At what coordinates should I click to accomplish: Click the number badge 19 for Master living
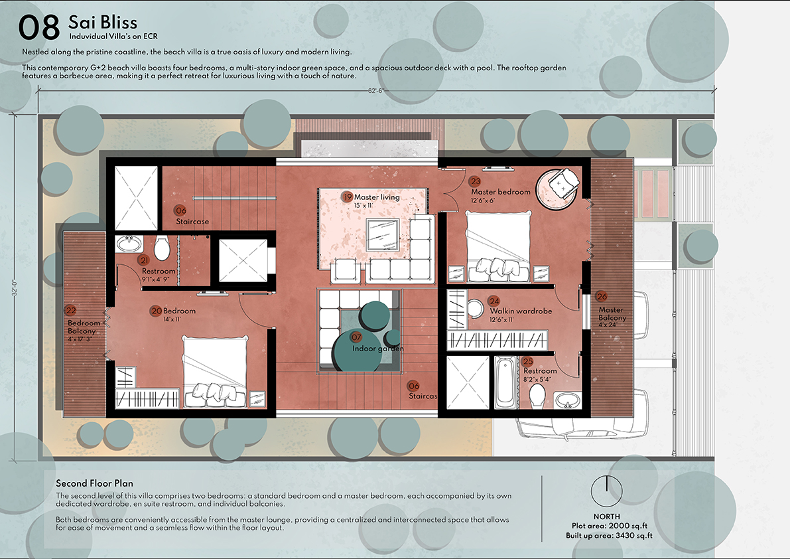347,197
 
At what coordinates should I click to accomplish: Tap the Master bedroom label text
500,192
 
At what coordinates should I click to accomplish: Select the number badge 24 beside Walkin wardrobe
494,301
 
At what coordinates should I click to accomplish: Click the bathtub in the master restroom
505,382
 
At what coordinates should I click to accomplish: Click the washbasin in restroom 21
129,244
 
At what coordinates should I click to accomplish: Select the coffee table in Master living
383,235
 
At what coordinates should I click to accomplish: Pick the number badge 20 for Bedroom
156,311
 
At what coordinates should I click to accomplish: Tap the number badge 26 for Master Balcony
602,296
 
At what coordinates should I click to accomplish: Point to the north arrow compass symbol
607,491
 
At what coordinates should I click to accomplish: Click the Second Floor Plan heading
94,483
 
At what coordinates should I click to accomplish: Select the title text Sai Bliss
103,22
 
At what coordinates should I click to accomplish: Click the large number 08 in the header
38,27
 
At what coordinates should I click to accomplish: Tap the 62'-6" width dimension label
376,91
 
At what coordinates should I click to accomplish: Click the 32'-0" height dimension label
15,288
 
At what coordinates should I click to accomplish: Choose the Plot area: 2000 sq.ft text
609,526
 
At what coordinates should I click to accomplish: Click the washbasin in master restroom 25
568,401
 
